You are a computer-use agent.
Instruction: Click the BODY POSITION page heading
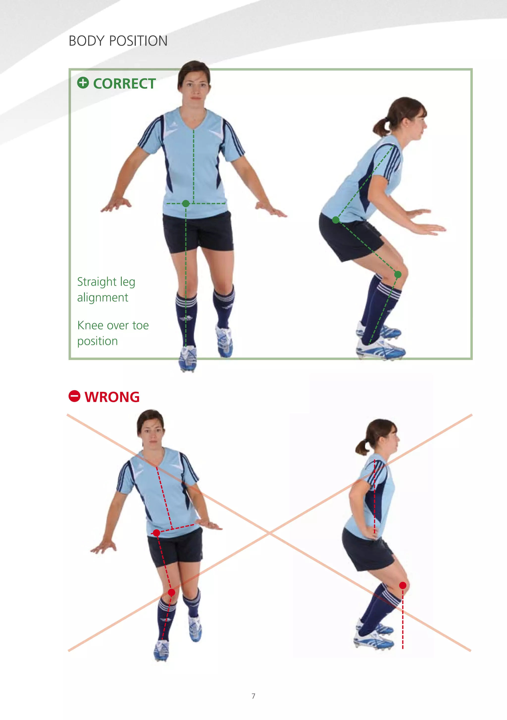(118, 41)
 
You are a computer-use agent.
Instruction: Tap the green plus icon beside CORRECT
(83, 83)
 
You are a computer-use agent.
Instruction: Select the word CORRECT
(125, 84)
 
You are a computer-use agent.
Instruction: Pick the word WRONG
(112, 397)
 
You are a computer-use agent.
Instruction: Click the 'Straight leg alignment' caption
(106, 289)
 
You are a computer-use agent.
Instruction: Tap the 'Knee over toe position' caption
(113, 333)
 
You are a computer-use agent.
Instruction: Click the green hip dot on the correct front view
(186, 203)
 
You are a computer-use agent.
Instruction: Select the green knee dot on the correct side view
(398, 275)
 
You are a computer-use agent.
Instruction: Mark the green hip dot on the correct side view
(336, 220)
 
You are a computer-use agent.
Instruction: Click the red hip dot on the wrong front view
(156, 532)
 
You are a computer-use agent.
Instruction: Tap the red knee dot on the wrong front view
(171, 592)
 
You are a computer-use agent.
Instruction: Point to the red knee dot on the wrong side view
(403, 585)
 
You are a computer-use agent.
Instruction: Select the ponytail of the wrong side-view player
(362, 447)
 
